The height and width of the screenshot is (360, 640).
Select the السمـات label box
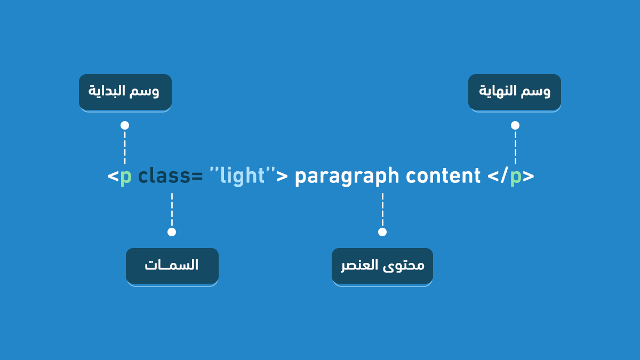[x=172, y=266]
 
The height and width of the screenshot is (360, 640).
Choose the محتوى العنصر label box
[x=382, y=266]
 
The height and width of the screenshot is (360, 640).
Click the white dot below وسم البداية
[x=125, y=125]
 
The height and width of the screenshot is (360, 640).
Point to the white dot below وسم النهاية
[x=515, y=125]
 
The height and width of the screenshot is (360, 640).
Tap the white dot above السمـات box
[x=172, y=232]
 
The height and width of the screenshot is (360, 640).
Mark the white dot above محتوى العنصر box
[x=382, y=232]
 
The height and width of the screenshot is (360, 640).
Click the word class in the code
[x=164, y=175]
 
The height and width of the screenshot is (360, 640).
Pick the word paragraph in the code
[x=347, y=177]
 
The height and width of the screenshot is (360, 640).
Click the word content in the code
[x=443, y=176]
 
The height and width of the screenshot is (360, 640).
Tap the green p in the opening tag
[x=126, y=178]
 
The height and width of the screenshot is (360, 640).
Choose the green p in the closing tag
[x=516, y=178]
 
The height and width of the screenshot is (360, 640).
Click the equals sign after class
[x=197, y=177]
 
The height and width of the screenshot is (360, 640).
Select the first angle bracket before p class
[x=113, y=177]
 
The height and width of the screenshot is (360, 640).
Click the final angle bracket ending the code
[x=529, y=177]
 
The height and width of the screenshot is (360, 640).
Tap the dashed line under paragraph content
[x=382, y=210]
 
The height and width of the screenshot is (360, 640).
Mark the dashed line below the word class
[x=172, y=210]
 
